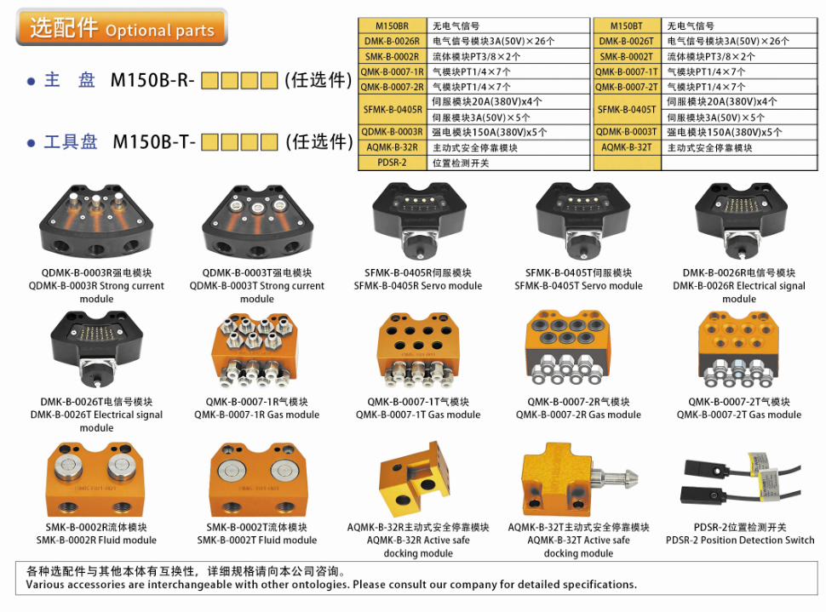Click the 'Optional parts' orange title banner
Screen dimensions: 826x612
pos(122,27)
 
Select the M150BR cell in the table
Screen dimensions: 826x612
pos(392,26)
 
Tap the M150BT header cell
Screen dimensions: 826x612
pos(627,26)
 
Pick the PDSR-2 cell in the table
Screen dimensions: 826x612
pos(392,163)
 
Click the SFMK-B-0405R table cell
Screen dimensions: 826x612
pos(392,110)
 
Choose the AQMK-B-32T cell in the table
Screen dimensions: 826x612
pos(627,147)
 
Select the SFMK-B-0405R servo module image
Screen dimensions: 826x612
pos(419,221)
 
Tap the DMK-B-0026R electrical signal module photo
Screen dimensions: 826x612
pos(740,221)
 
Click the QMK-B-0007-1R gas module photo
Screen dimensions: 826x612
pos(255,350)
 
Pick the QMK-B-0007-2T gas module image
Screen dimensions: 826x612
pos(738,350)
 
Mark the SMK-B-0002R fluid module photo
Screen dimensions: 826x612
pos(95,479)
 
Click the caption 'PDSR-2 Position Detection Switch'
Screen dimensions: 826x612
pos(740,540)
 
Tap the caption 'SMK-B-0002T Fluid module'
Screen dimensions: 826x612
pos(257,540)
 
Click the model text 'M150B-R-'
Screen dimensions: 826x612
pos(152,80)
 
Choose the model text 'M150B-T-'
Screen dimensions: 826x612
pos(154,141)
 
